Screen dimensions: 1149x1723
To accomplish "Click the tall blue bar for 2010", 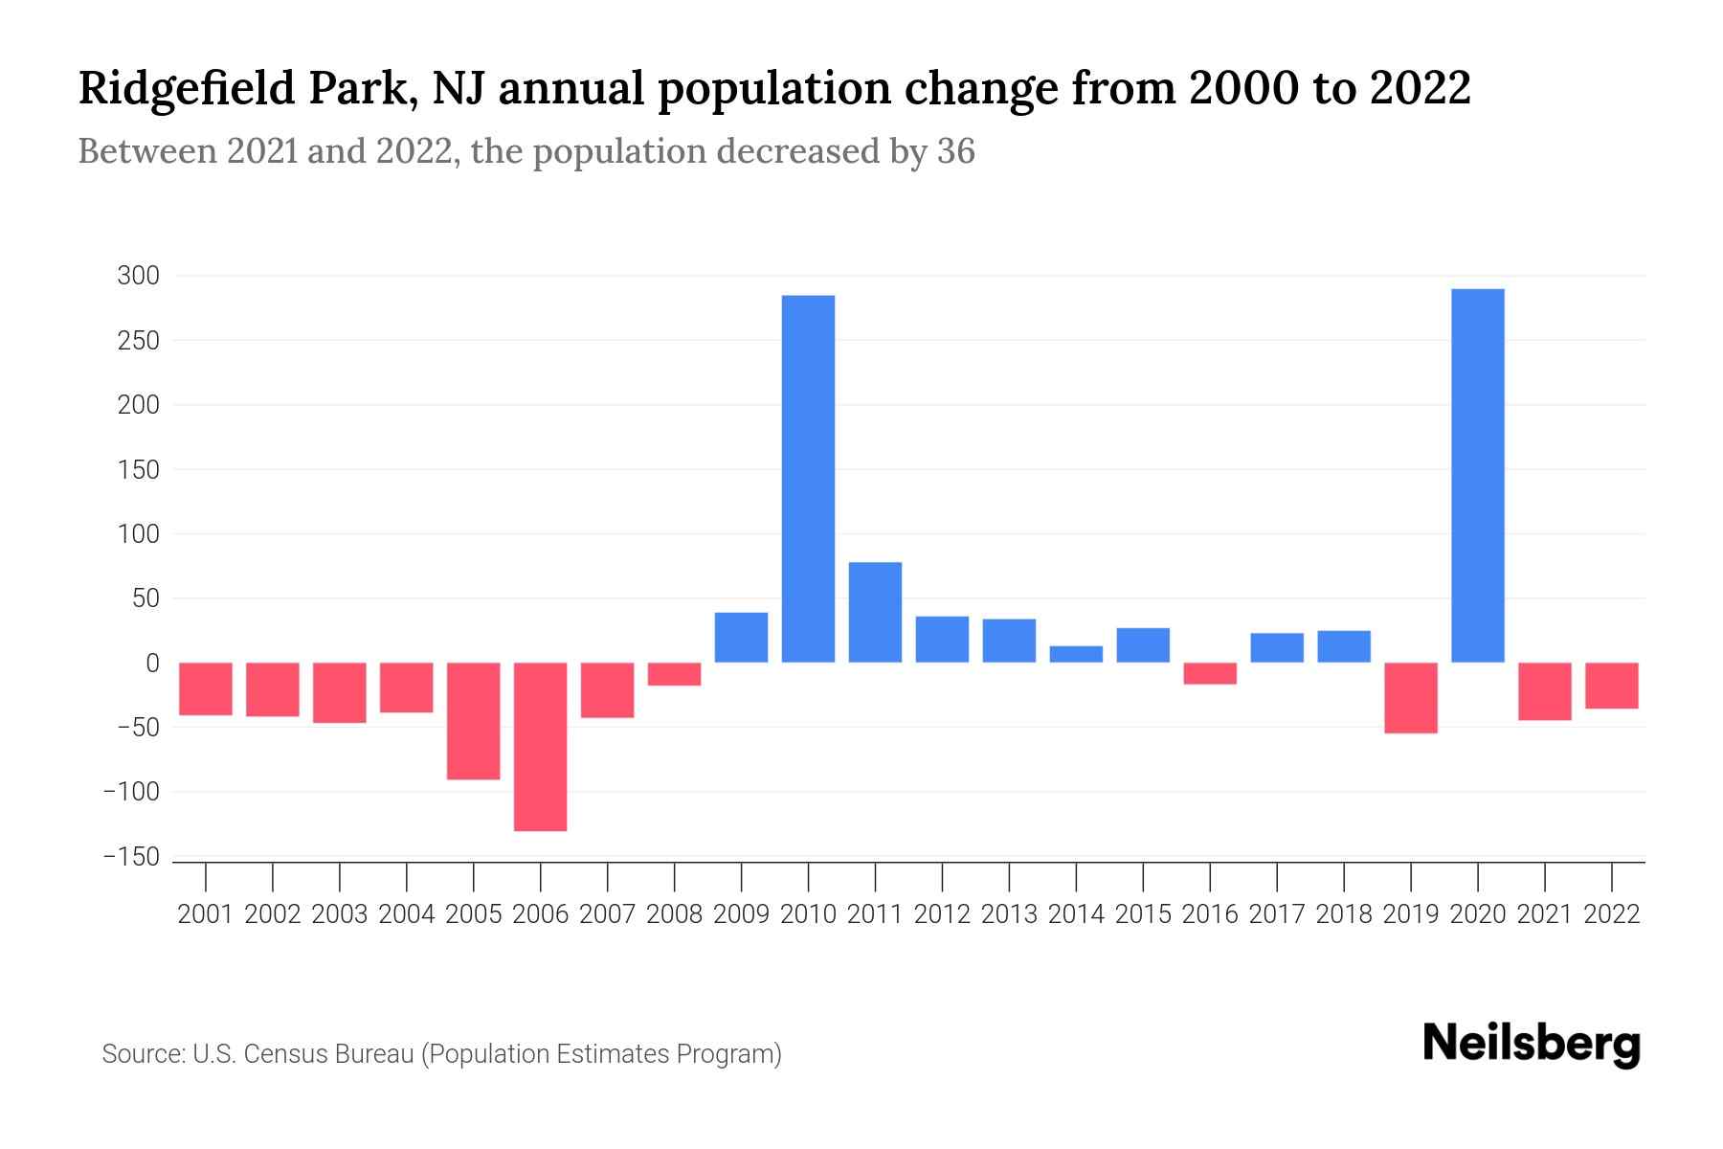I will (808, 479).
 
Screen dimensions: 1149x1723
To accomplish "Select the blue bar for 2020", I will (1477, 476).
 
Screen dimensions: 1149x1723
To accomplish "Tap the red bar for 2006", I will (541, 747).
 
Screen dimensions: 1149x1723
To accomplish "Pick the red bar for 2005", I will (474, 721).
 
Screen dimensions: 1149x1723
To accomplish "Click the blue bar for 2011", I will (875, 613).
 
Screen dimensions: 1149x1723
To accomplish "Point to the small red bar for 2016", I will (1210, 673).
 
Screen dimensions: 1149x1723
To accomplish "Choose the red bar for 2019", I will (1410, 698).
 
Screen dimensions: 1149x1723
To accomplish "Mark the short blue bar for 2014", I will (1076, 654).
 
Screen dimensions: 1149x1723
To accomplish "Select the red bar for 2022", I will (1611, 686).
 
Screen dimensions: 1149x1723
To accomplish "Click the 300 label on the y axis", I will (138, 277).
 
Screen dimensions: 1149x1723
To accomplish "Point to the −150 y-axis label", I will (131, 857).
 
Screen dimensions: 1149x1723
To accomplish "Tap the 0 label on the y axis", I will (151, 663).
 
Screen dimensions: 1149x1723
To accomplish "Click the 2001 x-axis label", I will (206, 914).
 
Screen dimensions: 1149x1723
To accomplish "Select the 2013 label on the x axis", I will (1009, 914).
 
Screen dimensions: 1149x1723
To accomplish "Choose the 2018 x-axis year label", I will (1343, 914).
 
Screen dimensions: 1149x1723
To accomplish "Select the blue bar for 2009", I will (741, 638).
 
